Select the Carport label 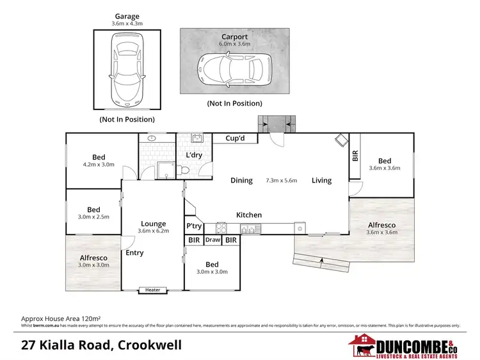235,37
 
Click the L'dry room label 195,156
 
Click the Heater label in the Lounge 153,290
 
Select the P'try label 194,226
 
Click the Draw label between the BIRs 213,241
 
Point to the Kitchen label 249,215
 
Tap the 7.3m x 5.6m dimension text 282,181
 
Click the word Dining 242,181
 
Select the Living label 321,181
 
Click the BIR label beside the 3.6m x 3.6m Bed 355,156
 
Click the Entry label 134,253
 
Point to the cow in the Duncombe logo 363,349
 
